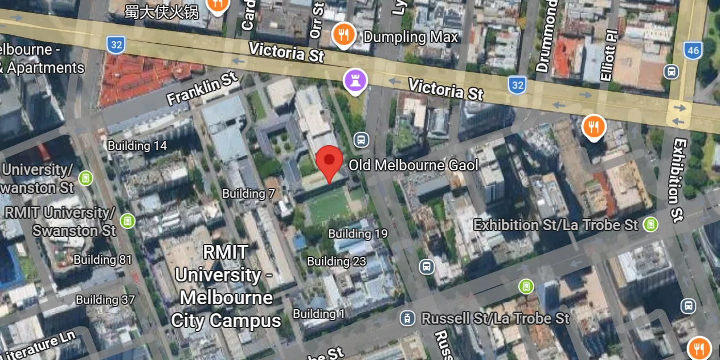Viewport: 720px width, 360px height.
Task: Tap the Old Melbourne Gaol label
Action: [x=413, y=166]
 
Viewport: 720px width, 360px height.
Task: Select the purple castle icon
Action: [x=355, y=81]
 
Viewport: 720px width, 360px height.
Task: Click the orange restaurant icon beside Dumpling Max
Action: [x=343, y=35]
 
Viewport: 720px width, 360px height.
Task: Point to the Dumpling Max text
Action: [x=411, y=38]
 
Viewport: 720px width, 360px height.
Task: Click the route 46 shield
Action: [x=693, y=50]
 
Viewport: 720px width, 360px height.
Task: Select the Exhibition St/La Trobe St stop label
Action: [x=556, y=225]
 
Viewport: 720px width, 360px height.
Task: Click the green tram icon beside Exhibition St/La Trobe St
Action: [x=650, y=224]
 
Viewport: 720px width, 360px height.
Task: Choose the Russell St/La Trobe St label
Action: [x=495, y=318]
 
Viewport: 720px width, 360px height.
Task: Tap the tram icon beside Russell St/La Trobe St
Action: [x=407, y=318]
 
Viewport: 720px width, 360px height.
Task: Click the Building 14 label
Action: [x=137, y=146]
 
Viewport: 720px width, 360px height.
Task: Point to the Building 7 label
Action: [x=248, y=194]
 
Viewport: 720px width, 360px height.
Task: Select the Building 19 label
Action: [x=358, y=234]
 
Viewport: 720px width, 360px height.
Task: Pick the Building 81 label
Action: [x=103, y=260]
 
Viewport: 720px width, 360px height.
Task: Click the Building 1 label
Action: [x=319, y=314]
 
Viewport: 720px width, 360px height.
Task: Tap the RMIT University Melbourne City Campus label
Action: [x=226, y=286]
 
